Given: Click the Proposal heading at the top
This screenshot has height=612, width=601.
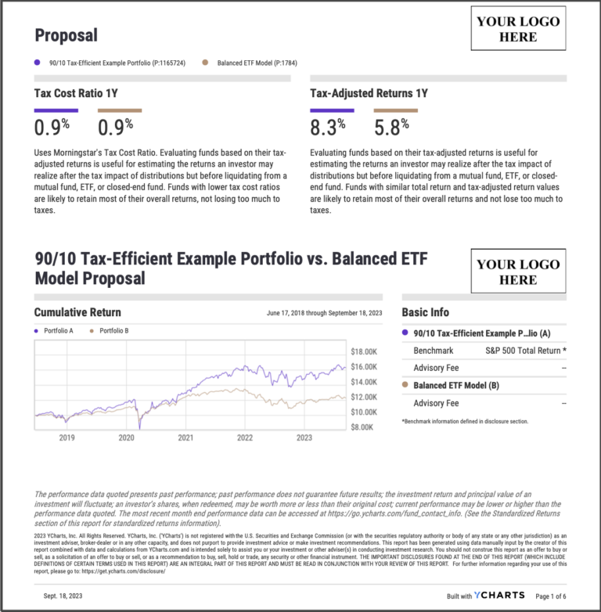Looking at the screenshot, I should click(66, 35).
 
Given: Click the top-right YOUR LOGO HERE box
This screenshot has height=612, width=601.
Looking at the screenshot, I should click(518, 29).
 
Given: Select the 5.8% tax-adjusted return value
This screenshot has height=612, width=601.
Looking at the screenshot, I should click(392, 127).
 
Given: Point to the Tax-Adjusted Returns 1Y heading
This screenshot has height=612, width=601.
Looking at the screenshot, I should click(369, 93).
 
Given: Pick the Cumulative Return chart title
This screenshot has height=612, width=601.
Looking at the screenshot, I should click(77, 312).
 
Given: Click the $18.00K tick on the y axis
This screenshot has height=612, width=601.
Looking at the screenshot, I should click(364, 352).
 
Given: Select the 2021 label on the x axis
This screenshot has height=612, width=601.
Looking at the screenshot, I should click(185, 439).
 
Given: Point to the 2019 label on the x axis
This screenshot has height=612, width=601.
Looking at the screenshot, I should click(67, 439).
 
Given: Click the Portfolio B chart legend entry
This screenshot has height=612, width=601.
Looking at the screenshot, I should click(113, 331).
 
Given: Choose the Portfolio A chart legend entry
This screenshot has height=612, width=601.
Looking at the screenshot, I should click(58, 331).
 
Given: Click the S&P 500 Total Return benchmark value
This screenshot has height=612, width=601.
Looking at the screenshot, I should click(525, 351).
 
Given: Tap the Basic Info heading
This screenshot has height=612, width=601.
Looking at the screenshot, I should click(425, 312).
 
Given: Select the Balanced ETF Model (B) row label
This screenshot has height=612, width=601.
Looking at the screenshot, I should click(455, 386).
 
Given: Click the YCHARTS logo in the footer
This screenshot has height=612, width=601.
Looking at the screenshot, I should click(498, 596).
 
